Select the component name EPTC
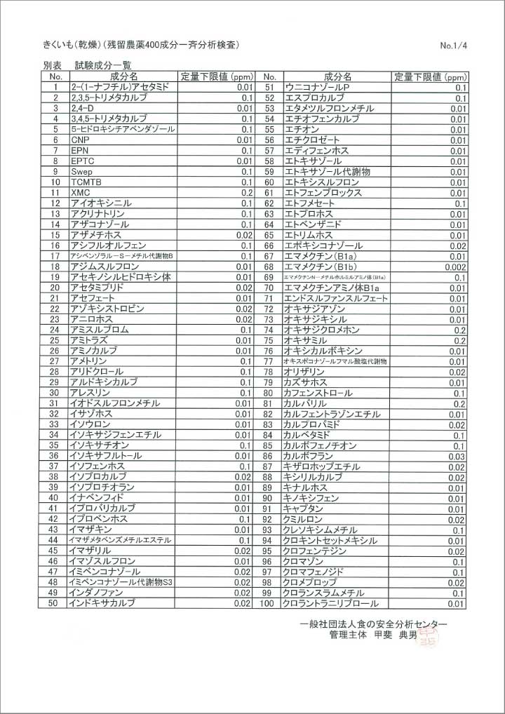pos(82,161)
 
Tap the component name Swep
pos(81,172)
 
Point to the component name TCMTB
pos(85,182)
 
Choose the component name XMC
pos(80,193)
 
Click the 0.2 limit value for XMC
pos(246,193)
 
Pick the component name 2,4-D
pos(82,109)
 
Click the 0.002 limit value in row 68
pos(455,267)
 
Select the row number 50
pos(53,603)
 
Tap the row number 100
pos(267,603)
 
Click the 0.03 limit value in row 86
pos(457,456)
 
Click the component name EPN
pos(79,151)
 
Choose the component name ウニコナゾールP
pos(316,88)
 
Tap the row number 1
pos(54,88)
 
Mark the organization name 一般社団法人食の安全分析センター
pos(373,624)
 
